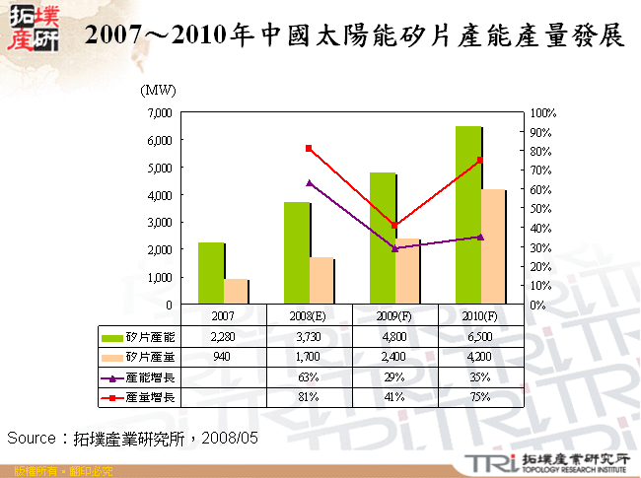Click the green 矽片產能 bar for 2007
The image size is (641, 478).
tap(210, 273)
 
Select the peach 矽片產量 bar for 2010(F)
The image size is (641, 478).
tap(492, 246)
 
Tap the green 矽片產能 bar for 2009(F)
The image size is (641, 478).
tap(382, 239)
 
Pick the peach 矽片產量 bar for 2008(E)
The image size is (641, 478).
tap(321, 281)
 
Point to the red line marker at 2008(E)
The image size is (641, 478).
tap(309, 148)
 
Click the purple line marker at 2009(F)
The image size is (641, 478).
tap(394, 248)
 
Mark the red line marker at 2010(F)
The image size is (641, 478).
tap(480, 160)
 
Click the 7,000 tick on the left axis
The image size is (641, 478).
tap(159, 113)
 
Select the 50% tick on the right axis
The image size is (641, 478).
tap(540, 209)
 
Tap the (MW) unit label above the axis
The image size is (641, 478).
tap(159, 91)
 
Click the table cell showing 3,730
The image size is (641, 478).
tap(309, 337)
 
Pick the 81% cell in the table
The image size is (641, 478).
tap(309, 396)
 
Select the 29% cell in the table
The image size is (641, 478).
tap(394, 376)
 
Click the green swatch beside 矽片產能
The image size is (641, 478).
tap(112, 337)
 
